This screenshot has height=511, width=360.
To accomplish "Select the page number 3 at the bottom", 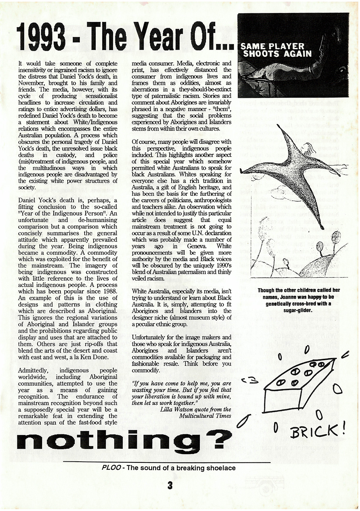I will pos(170,485).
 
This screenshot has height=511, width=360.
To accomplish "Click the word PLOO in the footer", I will pos(110,468).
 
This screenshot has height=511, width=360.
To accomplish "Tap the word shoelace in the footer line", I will pos(221,468).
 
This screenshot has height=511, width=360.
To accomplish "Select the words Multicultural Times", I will pos(205,416).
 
